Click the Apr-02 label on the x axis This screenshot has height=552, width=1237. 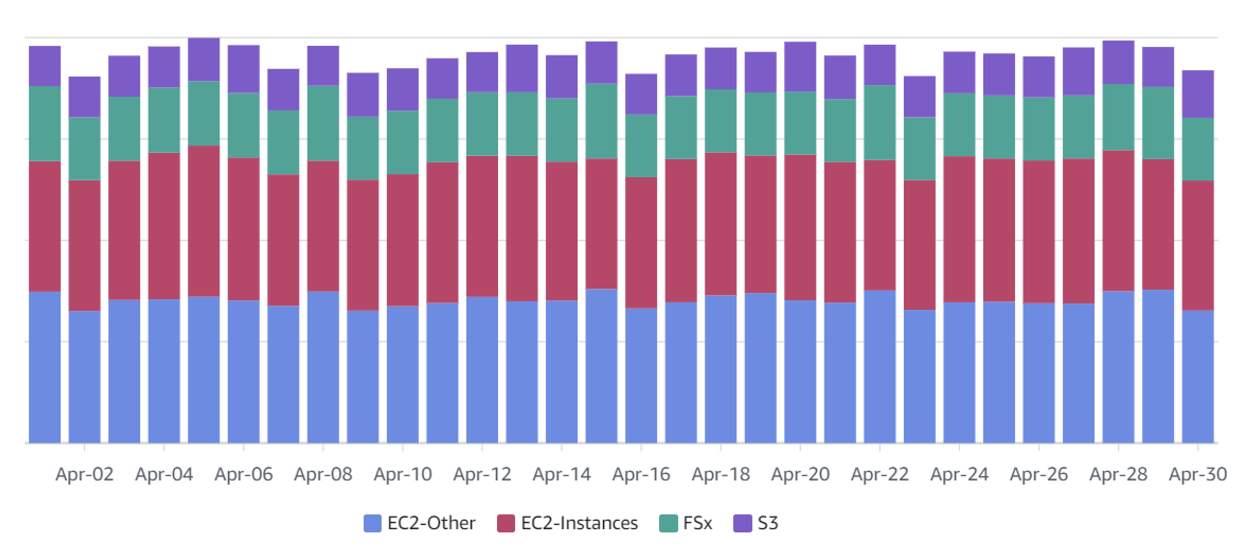click(x=84, y=474)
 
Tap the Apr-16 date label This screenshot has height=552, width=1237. click(x=641, y=474)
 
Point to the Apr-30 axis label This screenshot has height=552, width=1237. click(x=1198, y=474)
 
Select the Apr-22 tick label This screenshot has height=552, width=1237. click(x=880, y=474)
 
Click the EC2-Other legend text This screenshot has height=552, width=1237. click(x=431, y=523)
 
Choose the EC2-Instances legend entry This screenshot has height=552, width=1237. click(x=579, y=523)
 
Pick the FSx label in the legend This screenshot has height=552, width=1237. click(x=697, y=523)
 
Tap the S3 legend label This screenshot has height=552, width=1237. click(x=768, y=523)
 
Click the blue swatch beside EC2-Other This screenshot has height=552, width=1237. click(x=372, y=523)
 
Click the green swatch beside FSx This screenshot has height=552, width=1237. click(x=668, y=523)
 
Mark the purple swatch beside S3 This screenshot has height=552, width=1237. click(x=742, y=523)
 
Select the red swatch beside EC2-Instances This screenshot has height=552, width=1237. click(x=506, y=523)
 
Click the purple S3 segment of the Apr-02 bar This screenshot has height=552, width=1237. click(x=84, y=97)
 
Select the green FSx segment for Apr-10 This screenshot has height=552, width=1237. click(x=403, y=142)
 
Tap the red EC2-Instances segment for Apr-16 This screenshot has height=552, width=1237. click(x=641, y=243)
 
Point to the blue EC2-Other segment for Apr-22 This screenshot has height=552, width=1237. click(x=880, y=366)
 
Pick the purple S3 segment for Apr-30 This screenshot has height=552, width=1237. click(x=1198, y=94)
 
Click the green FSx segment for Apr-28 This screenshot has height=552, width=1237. click(x=1118, y=117)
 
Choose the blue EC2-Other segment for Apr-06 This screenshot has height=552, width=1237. click(x=243, y=372)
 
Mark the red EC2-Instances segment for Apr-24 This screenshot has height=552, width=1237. click(x=959, y=229)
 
